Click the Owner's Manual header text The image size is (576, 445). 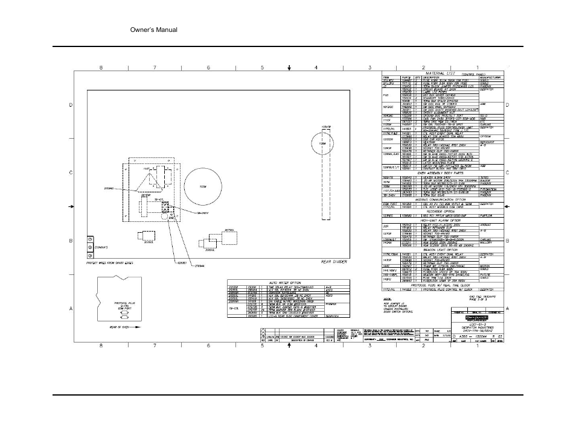pos(154,29)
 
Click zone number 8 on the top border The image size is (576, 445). pos(101,67)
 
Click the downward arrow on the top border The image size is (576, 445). pos(289,68)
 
